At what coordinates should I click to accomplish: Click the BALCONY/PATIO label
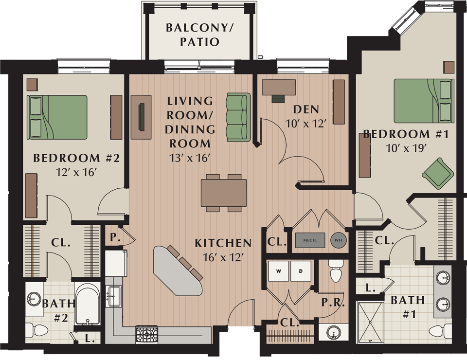(x=199, y=34)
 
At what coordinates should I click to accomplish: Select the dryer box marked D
(x=300, y=271)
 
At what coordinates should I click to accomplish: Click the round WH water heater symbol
(x=339, y=240)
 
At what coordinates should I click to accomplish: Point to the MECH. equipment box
(x=310, y=240)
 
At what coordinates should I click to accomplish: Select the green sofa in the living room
(x=238, y=117)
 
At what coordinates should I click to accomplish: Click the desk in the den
(x=279, y=88)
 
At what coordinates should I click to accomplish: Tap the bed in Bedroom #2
(x=57, y=117)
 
